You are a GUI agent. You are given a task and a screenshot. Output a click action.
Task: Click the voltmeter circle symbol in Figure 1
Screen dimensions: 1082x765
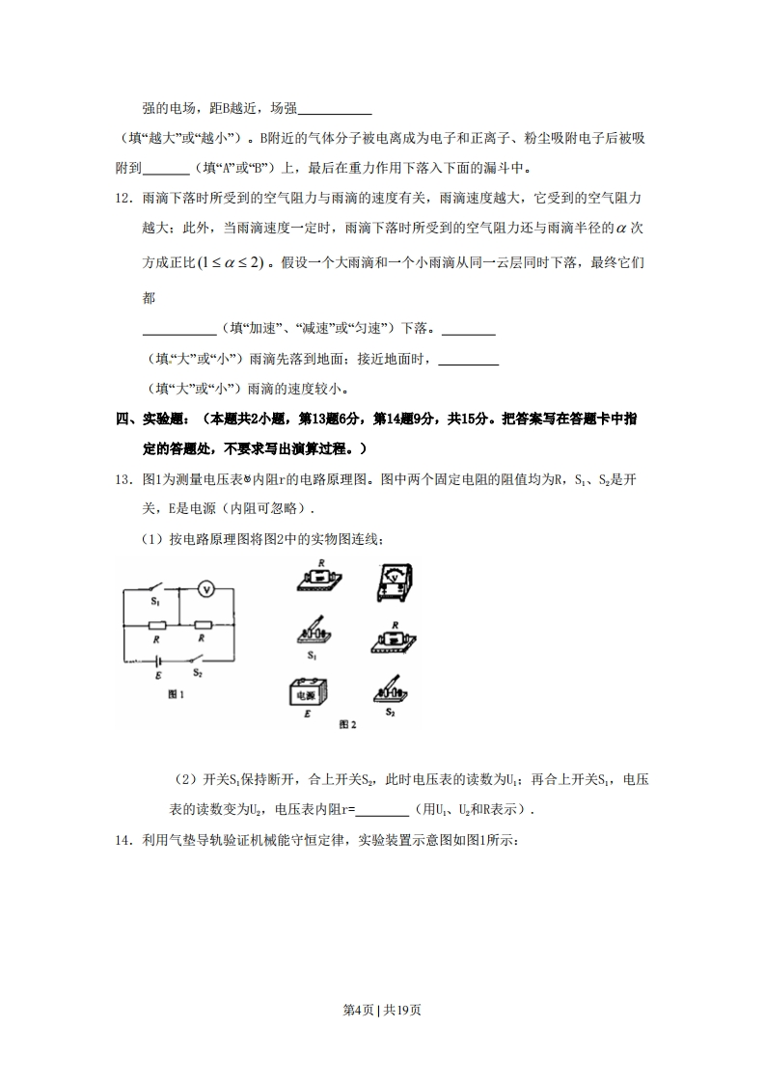click(205, 588)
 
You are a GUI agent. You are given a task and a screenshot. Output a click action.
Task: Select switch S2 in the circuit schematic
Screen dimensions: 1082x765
click(197, 661)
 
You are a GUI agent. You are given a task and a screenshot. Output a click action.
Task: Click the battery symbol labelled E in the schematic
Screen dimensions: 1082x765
click(158, 663)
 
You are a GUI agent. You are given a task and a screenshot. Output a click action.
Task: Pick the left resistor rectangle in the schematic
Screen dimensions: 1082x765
click(158, 623)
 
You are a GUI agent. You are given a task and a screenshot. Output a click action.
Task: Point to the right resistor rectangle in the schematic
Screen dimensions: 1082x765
click(203, 623)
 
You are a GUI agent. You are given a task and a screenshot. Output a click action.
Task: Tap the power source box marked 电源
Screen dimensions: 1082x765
click(310, 693)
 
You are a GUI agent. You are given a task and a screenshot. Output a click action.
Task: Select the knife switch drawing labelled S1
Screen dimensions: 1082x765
click(312, 632)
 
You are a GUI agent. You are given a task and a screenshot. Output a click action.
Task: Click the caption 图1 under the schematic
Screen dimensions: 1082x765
click(176, 695)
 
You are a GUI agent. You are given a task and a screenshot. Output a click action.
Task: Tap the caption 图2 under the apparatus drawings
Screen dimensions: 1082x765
click(348, 722)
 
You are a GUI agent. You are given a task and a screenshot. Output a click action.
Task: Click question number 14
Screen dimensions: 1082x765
click(123, 840)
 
